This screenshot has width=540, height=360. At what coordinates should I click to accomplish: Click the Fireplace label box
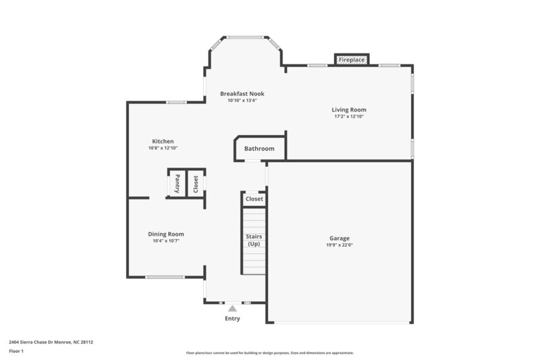pyautogui.click(x=352, y=60)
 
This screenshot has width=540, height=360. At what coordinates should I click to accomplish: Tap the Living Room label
pyautogui.click(x=348, y=109)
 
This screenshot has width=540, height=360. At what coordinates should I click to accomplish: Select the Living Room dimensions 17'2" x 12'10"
pyautogui.click(x=348, y=116)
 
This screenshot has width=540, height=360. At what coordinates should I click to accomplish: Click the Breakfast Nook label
pyautogui.click(x=242, y=93)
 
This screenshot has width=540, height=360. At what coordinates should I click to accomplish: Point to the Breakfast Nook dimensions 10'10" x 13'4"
pyautogui.click(x=242, y=100)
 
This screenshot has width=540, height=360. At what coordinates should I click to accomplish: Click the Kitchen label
pyautogui.click(x=163, y=141)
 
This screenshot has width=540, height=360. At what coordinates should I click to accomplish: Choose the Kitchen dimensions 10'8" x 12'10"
pyautogui.click(x=163, y=148)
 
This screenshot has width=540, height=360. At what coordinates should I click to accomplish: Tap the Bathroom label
pyautogui.click(x=259, y=149)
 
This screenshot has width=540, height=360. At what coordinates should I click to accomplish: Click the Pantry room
pyautogui.click(x=177, y=183)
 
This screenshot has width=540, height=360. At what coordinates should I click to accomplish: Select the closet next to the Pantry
pyautogui.click(x=196, y=183)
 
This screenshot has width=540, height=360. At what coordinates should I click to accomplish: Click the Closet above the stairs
pyautogui.click(x=254, y=199)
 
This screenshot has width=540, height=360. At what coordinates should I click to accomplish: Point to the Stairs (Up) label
pyautogui.click(x=254, y=240)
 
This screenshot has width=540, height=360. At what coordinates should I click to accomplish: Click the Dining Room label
pyautogui.click(x=166, y=234)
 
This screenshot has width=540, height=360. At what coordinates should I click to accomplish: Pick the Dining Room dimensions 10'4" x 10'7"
pyautogui.click(x=166, y=240)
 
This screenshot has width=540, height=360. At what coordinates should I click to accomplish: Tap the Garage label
pyautogui.click(x=339, y=238)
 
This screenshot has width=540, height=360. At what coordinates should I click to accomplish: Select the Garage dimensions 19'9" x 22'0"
pyautogui.click(x=339, y=245)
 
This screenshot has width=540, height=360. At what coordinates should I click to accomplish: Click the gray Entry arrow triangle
pyautogui.click(x=232, y=308)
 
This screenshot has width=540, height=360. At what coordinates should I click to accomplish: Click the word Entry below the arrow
pyautogui.click(x=232, y=319)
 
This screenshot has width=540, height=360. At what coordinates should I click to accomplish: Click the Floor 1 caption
pyautogui.click(x=16, y=351)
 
